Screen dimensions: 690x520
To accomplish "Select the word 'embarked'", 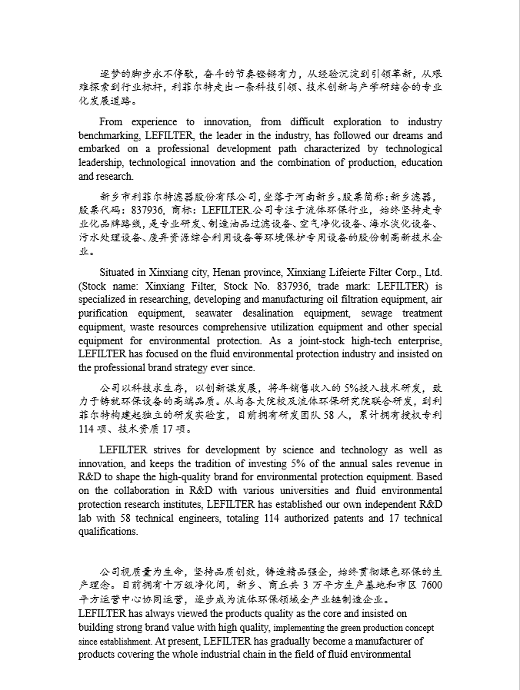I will tap(98, 149).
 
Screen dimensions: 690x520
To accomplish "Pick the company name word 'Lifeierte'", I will tap(368, 273).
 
